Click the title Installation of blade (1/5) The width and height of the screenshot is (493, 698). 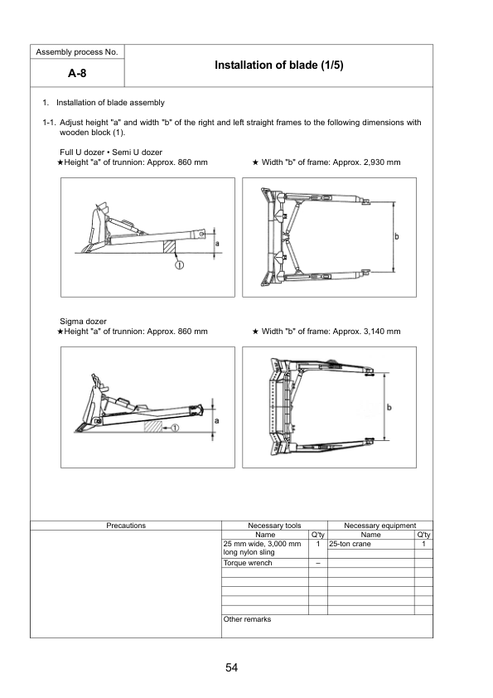coord(278,65)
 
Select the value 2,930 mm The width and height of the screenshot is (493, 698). coord(378,162)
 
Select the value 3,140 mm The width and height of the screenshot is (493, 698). coord(378,331)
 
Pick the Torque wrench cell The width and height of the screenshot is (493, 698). coord(248,563)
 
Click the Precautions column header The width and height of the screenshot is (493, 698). coord(126,526)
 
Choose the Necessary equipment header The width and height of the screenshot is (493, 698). coord(379,526)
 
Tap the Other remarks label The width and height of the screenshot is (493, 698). coord(247,619)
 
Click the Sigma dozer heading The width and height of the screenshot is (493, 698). coord(83,321)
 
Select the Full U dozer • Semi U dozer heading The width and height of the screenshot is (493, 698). coord(110,152)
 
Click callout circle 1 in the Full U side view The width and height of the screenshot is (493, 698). coord(178,264)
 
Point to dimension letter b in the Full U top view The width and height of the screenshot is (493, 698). coord(397,237)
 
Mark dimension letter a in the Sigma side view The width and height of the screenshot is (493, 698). coord(217,420)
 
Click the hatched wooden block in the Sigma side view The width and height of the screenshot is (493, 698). coord(152,425)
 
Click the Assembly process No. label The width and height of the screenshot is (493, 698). coord(76,52)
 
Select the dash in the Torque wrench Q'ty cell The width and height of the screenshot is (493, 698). coord(318,563)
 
